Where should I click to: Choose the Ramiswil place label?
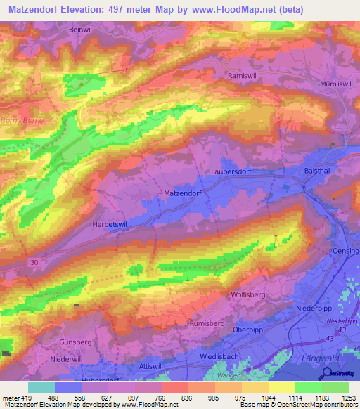pos(243,75)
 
